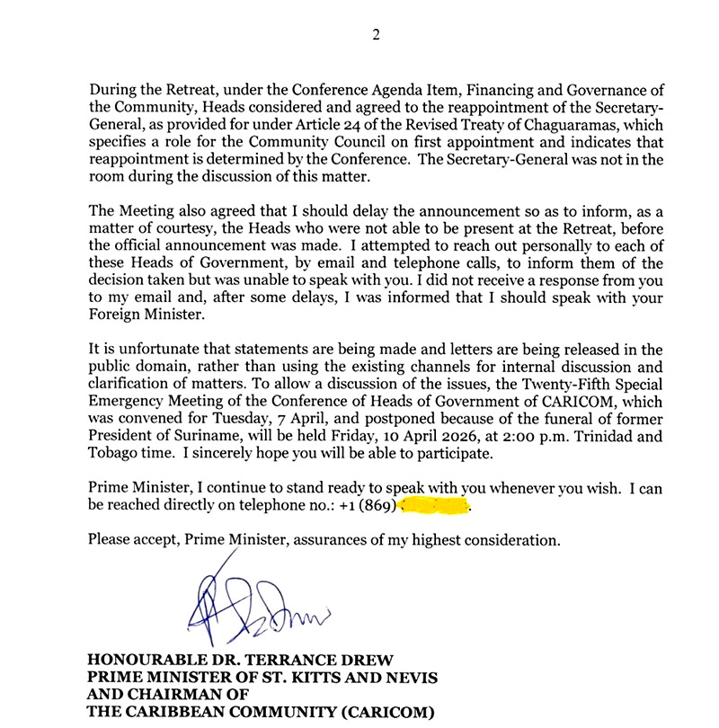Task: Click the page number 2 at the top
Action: tap(377, 35)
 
